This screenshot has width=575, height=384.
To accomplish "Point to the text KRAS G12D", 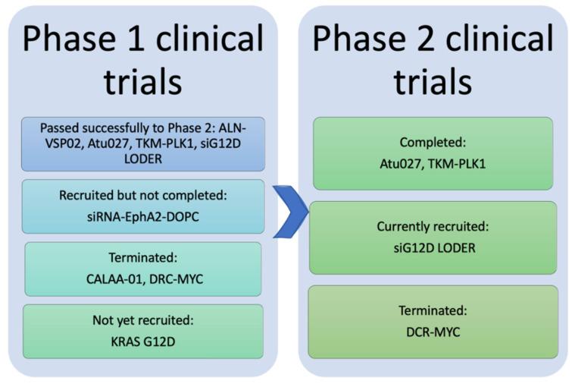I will click(x=143, y=340).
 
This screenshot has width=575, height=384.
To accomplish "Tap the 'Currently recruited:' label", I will click(x=433, y=227).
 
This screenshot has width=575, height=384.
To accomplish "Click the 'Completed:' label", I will click(x=433, y=143).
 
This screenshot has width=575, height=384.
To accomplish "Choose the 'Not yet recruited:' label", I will click(x=143, y=321).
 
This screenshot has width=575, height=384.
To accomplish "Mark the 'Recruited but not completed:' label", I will click(x=143, y=196).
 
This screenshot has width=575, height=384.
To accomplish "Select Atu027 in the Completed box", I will click(x=401, y=162).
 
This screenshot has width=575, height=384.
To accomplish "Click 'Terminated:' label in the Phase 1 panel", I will click(x=143, y=259).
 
